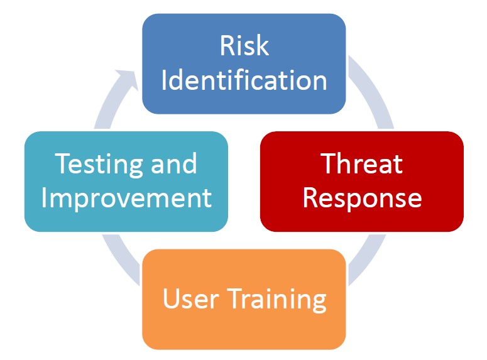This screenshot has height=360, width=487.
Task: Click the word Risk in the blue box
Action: [x=244, y=45]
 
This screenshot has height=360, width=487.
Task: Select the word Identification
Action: [x=244, y=80]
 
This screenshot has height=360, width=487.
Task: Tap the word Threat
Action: [x=362, y=163]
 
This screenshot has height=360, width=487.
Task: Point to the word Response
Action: [x=362, y=199]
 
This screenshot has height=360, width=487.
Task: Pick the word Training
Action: [x=277, y=300]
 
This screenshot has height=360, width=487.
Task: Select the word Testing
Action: [x=99, y=165]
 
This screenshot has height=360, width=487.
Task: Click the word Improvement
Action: [x=126, y=199]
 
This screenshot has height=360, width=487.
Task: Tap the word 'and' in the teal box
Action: [x=173, y=163]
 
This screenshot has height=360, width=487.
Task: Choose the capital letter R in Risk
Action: [x=227, y=45]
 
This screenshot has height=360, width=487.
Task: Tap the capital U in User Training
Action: [x=171, y=298]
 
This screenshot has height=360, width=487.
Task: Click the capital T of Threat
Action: [x=329, y=163]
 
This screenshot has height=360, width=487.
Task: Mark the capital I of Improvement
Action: [x=44, y=198]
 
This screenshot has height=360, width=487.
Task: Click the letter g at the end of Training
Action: [x=319, y=303]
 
